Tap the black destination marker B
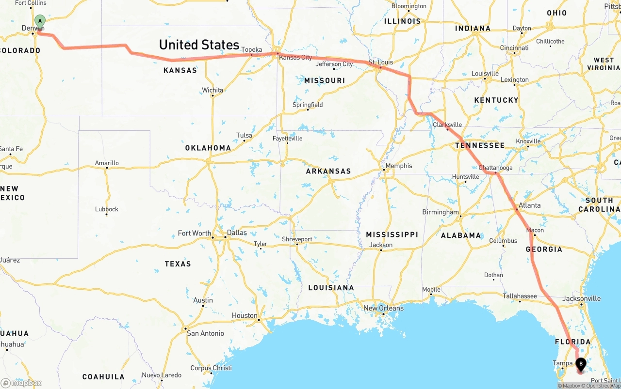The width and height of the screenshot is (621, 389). pyautogui.click(x=580, y=364)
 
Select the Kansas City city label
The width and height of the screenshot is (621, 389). pyautogui.click(x=295, y=58)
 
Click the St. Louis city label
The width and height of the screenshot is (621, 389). pyautogui.click(x=380, y=62)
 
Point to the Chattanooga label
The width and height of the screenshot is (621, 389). pyautogui.click(x=495, y=168)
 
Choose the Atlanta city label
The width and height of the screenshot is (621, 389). pyautogui.click(x=529, y=205)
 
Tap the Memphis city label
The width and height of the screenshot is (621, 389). pyautogui.click(x=398, y=166)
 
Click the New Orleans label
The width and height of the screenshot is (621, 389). pyautogui.click(x=383, y=308)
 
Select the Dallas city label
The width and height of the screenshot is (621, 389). pyautogui.click(x=237, y=233)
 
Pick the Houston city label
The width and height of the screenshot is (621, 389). pyautogui.click(x=245, y=315)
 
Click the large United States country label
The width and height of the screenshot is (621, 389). pyautogui.click(x=199, y=45)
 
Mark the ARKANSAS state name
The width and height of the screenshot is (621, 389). pyautogui.click(x=328, y=171)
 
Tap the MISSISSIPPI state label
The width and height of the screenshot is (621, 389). pyautogui.click(x=392, y=234)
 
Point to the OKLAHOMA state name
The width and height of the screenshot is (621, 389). pyautogui.click(x=208, y=148)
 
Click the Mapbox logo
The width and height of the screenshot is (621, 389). pyautogui.click(x=21, y=383)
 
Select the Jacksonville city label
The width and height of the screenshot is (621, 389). pyautogui.click(x=581, y=298)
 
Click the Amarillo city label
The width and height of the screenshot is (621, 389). pyautogui.click(x=107, y=163)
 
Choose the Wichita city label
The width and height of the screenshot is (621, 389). pyautogui.click(x=212, y=90)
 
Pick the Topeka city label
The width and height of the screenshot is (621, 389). pyautogui.click(x=251, y=49)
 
